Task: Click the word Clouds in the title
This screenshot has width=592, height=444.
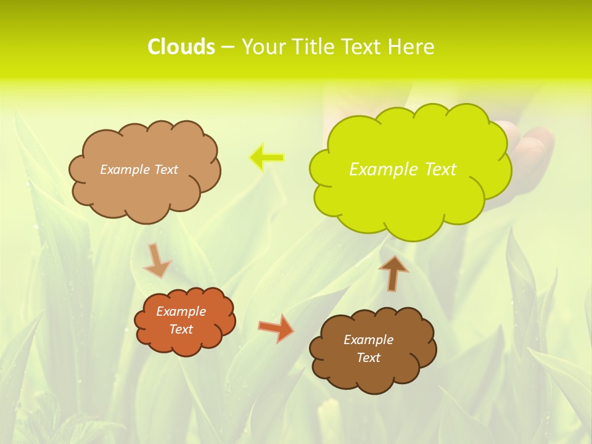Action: tap(181, 47)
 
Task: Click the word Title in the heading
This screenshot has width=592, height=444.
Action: tap(313, 47)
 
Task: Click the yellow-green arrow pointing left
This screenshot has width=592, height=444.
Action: tap(267, 158)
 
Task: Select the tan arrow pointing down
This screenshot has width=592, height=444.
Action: tap(157, 260)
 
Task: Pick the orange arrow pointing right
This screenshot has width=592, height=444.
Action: tap(276, 328)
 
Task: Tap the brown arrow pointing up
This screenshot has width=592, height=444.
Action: tap(393, 272)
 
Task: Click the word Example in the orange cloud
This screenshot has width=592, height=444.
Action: tap(181, 311)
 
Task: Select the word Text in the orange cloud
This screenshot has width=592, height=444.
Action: tap(181, 329)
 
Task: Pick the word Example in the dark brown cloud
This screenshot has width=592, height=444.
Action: tap(368, 340)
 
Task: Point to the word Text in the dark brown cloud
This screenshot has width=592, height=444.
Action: tap(368, 358)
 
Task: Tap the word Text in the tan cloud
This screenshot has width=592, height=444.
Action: tap(166, 170)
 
